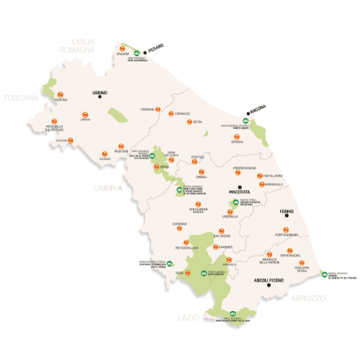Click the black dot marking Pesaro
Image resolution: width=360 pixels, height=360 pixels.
click(145, 50)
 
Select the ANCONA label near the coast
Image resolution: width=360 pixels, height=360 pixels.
click(258, 110)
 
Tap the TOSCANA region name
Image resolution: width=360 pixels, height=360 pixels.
click(21, 97)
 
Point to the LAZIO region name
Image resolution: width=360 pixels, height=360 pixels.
click(188, 316)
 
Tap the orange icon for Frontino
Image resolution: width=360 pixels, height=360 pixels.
click(61, 94)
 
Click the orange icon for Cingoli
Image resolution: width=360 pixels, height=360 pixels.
click(202, 170)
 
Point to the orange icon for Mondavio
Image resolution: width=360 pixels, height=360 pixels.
click(148, 102)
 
